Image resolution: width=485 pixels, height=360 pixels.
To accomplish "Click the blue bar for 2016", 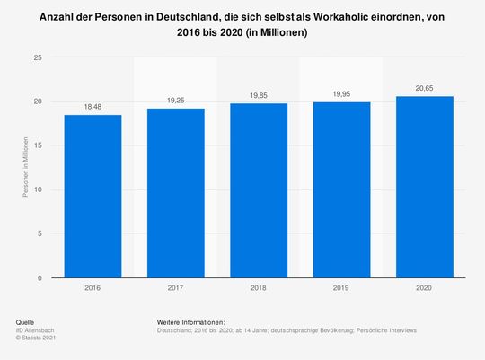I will tap(92, 197).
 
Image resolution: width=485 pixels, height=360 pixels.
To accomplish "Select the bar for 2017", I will tap(176, 193).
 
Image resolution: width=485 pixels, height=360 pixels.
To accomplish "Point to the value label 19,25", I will tap(176, 101).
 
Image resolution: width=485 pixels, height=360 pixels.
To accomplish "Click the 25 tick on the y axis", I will tap(38, 57).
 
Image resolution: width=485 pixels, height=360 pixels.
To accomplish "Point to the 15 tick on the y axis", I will tap(38, 145).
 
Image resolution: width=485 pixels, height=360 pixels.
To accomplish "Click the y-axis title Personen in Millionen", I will tap(26, 168).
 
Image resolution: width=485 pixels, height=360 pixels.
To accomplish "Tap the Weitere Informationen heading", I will tap(190, 321).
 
